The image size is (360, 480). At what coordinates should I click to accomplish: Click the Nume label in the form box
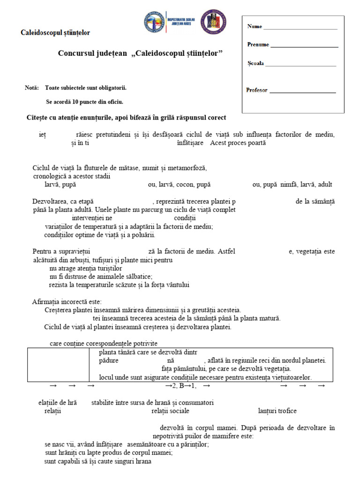coord(255,27)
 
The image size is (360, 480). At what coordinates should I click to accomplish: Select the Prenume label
coord(258,45)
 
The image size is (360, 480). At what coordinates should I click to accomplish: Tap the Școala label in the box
coord(255,63)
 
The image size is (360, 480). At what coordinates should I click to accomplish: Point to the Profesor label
coord(257,90)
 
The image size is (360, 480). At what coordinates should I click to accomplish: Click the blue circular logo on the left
coord(155,23)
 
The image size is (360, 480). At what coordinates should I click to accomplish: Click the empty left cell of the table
coord(58,365)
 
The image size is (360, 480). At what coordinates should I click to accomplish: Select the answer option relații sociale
coord(170,411)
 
